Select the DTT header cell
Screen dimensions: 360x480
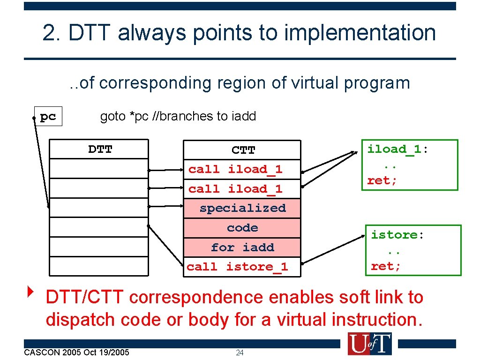[x=99, y=150]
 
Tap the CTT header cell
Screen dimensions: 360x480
[x=242, y=150]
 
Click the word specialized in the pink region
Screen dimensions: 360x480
[x=242, y=208]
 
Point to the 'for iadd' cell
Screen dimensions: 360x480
[x=242, y=247]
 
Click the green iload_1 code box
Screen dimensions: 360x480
[x=409, y=165]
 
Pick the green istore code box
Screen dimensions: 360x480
[x=414, y=250]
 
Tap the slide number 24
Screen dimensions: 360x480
[x=240, y=352]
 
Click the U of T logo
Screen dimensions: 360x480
[x=369, y=344]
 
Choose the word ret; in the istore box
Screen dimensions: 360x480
[x=386, y=267]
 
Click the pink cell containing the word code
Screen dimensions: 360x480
[x=242, y=228]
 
